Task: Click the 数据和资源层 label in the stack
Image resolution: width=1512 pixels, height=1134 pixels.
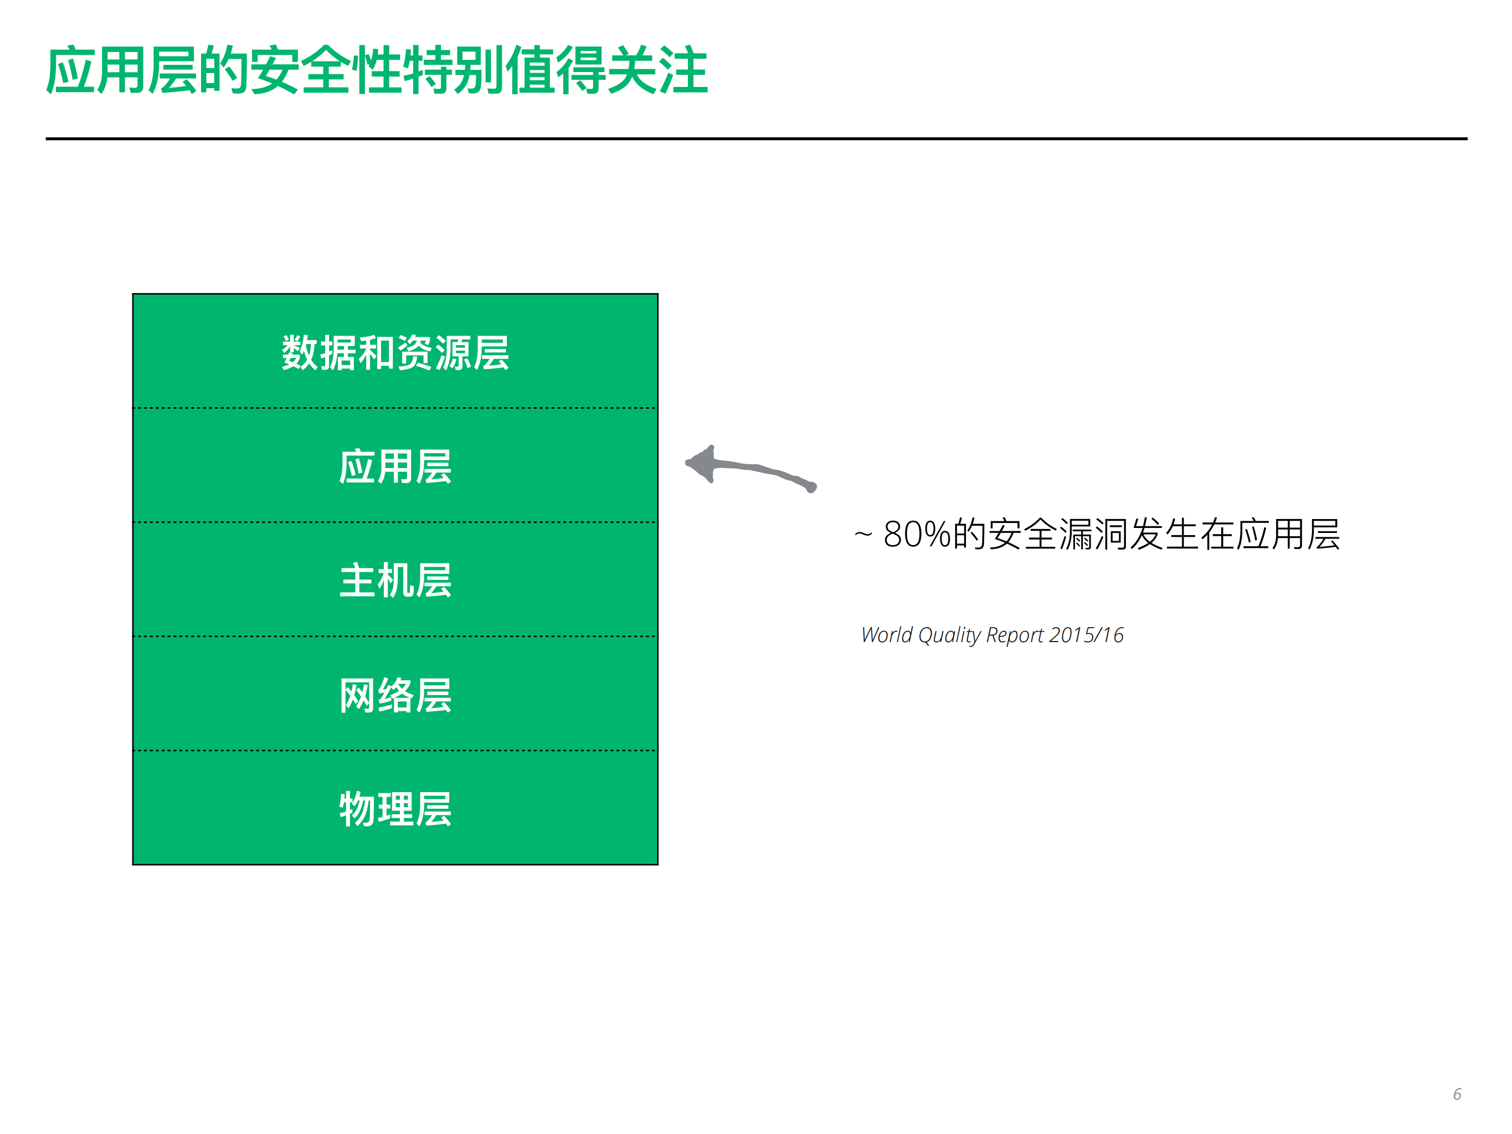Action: tap(395, 353)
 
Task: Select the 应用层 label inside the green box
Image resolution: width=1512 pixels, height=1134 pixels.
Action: tap(395, 467)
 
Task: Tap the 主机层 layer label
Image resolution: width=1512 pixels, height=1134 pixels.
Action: tap(395, 581)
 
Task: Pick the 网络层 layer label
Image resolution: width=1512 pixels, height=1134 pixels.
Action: tap(395, 695)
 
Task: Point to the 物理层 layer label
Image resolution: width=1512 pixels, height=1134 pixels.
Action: tap(395, 809)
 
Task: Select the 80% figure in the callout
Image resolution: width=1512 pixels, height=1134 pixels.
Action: tap(917, 535)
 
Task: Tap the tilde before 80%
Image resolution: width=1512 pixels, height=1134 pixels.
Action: tap(863, 535)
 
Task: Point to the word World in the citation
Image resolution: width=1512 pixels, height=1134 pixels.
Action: tap(887, 635)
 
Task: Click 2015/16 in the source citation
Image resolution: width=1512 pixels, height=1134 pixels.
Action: tap(1086, 635)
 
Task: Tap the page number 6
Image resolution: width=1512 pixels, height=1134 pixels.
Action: tap(1457, 1094)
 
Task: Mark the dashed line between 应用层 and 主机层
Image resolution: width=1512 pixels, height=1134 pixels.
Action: tap(395, 523)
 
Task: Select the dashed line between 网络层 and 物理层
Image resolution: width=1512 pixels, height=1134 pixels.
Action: tap(395, 751)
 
